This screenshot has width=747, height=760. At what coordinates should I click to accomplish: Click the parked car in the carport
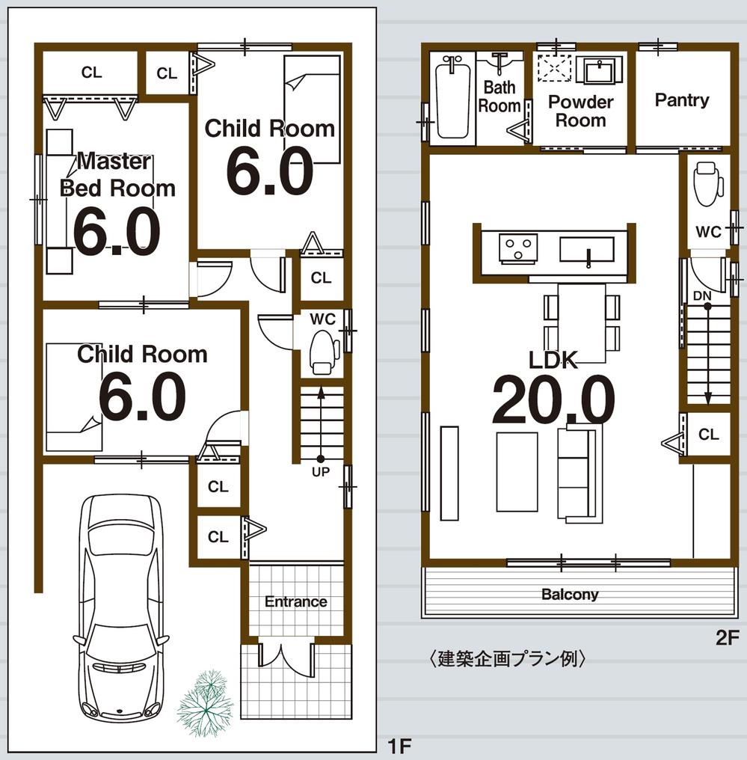click(120, 606)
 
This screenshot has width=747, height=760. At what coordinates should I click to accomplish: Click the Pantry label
click(682, 100)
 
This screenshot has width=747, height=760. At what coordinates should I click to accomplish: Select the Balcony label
click(570, 595)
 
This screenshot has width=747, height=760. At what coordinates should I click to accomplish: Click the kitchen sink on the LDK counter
click(587, 250)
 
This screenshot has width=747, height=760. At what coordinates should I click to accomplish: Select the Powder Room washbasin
click(602, 72)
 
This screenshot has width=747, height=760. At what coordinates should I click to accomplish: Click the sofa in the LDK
click(580, 474)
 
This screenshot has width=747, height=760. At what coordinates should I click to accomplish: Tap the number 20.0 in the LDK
click(553, 399)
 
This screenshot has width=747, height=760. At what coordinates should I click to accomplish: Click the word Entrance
click(296, 601)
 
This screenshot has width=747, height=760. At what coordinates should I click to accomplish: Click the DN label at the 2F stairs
click(702, 296)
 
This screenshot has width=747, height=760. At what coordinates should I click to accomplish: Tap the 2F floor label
click(727, 638)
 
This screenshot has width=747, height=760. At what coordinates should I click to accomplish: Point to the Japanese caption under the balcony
click(506, 659)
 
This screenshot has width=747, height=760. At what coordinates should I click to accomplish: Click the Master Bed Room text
click(117, 175)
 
